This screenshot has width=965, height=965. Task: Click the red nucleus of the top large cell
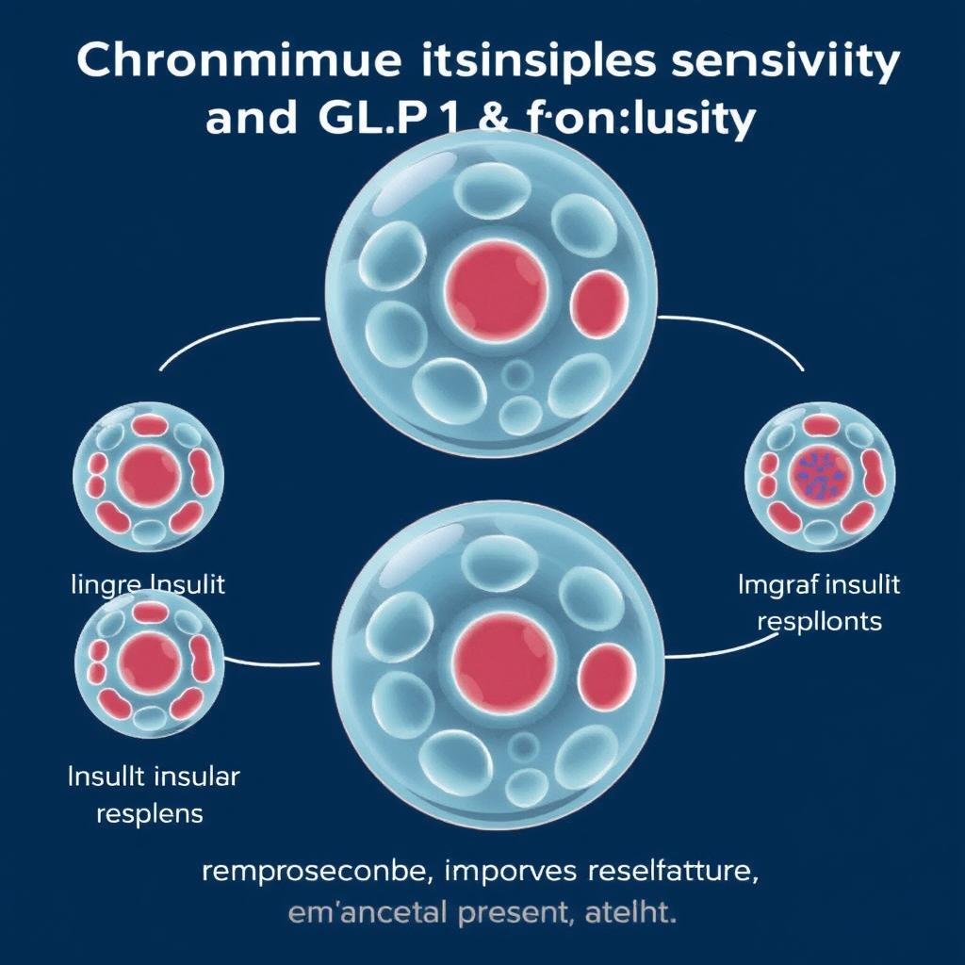pos(496,287)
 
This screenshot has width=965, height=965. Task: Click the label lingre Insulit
pos(149,584)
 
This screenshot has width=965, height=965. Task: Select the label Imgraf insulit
pos(818,584)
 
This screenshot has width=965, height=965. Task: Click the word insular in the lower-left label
pos(196,777)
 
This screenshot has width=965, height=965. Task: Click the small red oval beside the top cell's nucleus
pos(600,303)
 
